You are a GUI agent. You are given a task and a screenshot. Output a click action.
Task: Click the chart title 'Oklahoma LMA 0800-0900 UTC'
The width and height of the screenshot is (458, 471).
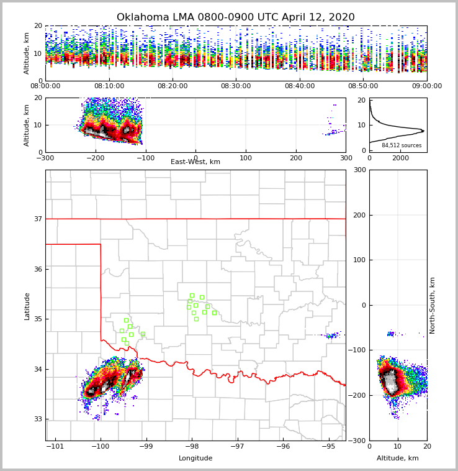pyautogui.click(x=236, y=17)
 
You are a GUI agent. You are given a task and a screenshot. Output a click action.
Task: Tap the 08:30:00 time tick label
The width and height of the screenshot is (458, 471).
pyautogui.click(x=236, y=86)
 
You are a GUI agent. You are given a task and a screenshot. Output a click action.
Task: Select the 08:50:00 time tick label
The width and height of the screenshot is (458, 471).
pyautogui.click(x=363, y=86)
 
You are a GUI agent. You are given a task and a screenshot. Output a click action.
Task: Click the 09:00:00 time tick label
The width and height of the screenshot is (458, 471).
pyautogui.click(x=426, y=86)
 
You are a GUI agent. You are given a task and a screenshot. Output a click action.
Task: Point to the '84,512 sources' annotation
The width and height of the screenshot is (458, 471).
pyautogui.click(x=402, y=145)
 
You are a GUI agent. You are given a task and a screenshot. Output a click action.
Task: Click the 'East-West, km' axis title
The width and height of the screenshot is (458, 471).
pyautogui.click(x=195, y=162)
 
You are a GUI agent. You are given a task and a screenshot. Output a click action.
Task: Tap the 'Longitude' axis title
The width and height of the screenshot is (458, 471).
pyautogui.click(x=195, y=459)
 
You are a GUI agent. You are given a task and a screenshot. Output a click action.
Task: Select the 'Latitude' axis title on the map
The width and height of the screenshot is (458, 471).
pyautogui.click(x=27, y=306)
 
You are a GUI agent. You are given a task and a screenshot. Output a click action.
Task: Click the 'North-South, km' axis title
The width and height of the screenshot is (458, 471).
pyautogui.click(x=433, y=306)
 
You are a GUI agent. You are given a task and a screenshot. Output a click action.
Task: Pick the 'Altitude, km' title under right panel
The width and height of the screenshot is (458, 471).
pyautogui.click(x=398, y=459)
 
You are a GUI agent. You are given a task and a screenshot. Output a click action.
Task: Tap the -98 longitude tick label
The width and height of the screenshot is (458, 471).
pyautogui.click(x=192, y=446)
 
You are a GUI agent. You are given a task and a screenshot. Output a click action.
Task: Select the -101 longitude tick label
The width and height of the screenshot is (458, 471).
pyautogui.click(x=56, y=446)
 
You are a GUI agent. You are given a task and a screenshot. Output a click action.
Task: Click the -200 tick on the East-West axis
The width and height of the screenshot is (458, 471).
pyautogui.click(x=95, y=158)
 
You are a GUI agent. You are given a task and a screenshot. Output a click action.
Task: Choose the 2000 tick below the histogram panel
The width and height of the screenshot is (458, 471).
pyautogui.click(x=401, y=158)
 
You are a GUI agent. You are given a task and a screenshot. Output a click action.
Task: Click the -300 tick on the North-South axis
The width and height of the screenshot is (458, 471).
pyautogui.click(x=359, y=441)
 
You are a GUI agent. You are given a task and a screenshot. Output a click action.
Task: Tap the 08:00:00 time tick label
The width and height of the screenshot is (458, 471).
pyautogui.click(x=45, y=86)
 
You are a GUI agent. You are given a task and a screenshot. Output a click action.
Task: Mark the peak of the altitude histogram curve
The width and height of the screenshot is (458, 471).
pyautogui.click(x=424, y=130)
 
